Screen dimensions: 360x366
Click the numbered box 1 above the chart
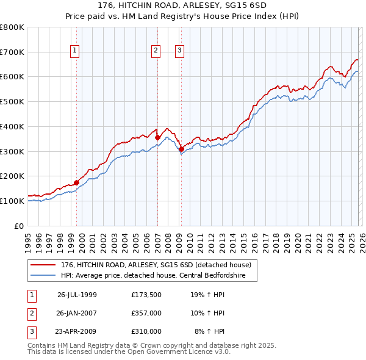pos(74,51)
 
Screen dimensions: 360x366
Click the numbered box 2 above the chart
pos(156,51)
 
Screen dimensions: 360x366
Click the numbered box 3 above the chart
pos(180,51)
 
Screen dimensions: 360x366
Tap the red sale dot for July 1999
pos(76,182)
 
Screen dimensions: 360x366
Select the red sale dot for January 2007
pos(157,137)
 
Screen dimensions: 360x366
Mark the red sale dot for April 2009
pos(181,149)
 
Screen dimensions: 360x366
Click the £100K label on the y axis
pos(12,201)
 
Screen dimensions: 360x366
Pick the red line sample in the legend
pos(44,265)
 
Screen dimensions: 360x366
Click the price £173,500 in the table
pos(146,294)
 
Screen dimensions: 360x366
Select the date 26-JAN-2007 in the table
pos(77,313)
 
